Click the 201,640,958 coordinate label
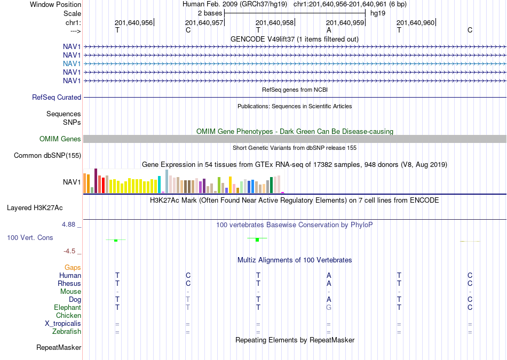click(274, 22)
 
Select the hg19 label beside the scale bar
click(378, 13)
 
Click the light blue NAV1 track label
click(72, 63)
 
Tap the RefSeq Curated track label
click(57, 97)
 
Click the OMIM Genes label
click(60, 139)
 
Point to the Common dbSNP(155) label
click(47, 155)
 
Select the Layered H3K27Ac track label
click(35, 208)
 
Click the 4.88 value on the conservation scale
click(68, 225)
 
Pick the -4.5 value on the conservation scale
click(69, 251)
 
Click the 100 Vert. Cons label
click(30, 238)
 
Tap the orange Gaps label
click(73, 267)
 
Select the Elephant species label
click(68, 307)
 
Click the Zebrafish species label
click(67, 331)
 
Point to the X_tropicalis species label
click(63, 324)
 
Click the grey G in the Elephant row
click(329, 307)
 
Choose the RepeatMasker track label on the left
click(59, 347)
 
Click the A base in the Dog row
click(329, 299)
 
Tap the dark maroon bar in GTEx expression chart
click(96, 181)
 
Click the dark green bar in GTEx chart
click(271, 185)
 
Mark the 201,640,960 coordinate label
click(416, 22)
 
